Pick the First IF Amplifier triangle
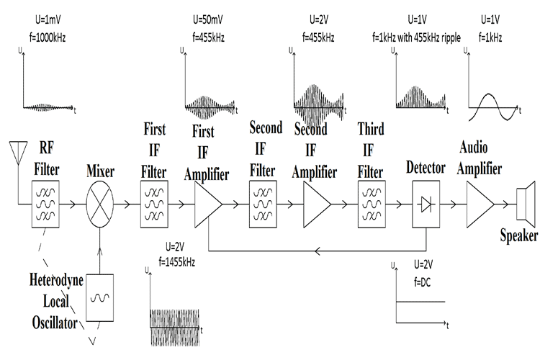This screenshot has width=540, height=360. tap(208, 204)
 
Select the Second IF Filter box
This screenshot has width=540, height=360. tap(262, 204)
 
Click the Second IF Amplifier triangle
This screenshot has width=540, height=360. tap(316, 204)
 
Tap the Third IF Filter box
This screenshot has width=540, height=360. tap(371, 204)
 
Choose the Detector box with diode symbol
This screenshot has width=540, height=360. tap(425, 204)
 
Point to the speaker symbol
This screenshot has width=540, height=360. tap(524, 203)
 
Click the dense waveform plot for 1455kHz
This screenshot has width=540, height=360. tap(176, 327)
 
